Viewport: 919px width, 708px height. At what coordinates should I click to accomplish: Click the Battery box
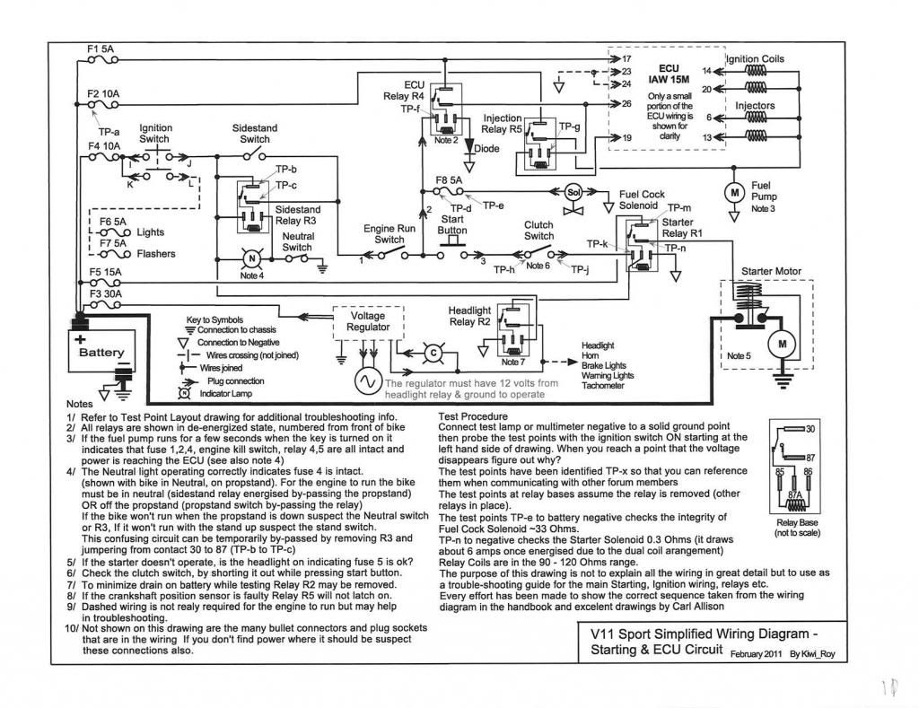pyautogui.click(x=101, y=353)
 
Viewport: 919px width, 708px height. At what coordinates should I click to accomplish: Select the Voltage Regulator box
pyautogui.click(x=369, y=322)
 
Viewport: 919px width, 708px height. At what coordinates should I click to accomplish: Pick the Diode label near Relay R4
pyautogui.click(x=486, y=148)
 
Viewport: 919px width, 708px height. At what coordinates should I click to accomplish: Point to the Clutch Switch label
pyautogui.click(x=539, y=232)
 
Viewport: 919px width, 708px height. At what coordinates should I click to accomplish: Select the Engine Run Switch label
pyautogui.click(x=389, y=234)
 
